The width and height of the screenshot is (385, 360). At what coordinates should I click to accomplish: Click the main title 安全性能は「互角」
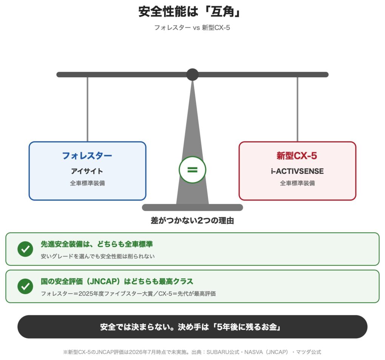pyautogui.click(x=190, y=12)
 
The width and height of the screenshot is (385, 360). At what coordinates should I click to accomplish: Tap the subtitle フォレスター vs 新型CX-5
pyautogui.click(x=192, y=28)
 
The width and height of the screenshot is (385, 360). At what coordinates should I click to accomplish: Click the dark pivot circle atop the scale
pyautogui.click(x=192, y=75)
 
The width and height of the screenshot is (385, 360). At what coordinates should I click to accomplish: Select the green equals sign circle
pyautogui.click(x=192, y=170)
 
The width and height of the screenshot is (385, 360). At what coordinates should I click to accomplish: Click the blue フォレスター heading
pyautogui.click(x=87, y=156)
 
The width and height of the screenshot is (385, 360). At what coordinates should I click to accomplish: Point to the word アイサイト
pyautogui.click(x=87, y=171)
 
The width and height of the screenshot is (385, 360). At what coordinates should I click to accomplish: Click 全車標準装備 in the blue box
pyautogui.click(x=88, y=183)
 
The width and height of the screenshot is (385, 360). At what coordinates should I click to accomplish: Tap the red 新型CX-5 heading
pyautogui.click(x=297, y=156)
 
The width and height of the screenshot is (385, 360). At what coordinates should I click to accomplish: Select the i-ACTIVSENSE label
pyautogui.click(x=297, y=171)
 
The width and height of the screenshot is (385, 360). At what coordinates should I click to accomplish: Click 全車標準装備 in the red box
pyautogui.click(x=297, y=183)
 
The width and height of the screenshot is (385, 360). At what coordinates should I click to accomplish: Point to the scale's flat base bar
pyautogui.click(x=192, y=207)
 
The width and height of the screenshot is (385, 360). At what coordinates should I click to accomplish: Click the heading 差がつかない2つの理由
pyautogui.click(x=192, y=221)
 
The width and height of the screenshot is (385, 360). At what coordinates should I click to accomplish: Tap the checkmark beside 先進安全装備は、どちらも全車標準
pyautogui.click(x=25, y=249)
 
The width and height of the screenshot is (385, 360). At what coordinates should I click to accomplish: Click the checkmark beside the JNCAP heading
pyautogui.click(x=25, y=286)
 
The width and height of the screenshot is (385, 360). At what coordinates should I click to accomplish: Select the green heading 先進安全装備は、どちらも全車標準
pyautogui.click(x=97, y=244)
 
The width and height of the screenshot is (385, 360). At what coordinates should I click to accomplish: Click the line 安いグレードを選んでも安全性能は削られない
pyautogui.click(x=98, y=256)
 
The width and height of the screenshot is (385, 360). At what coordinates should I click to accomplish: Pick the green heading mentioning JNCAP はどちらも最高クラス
pyautogui.click(x=117, y=281)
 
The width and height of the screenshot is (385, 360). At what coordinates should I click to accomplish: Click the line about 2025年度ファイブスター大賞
pyautogui.click(x=128, y=294)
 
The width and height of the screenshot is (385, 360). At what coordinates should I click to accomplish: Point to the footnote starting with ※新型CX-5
pyautogui.click(x=192, y=352)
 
